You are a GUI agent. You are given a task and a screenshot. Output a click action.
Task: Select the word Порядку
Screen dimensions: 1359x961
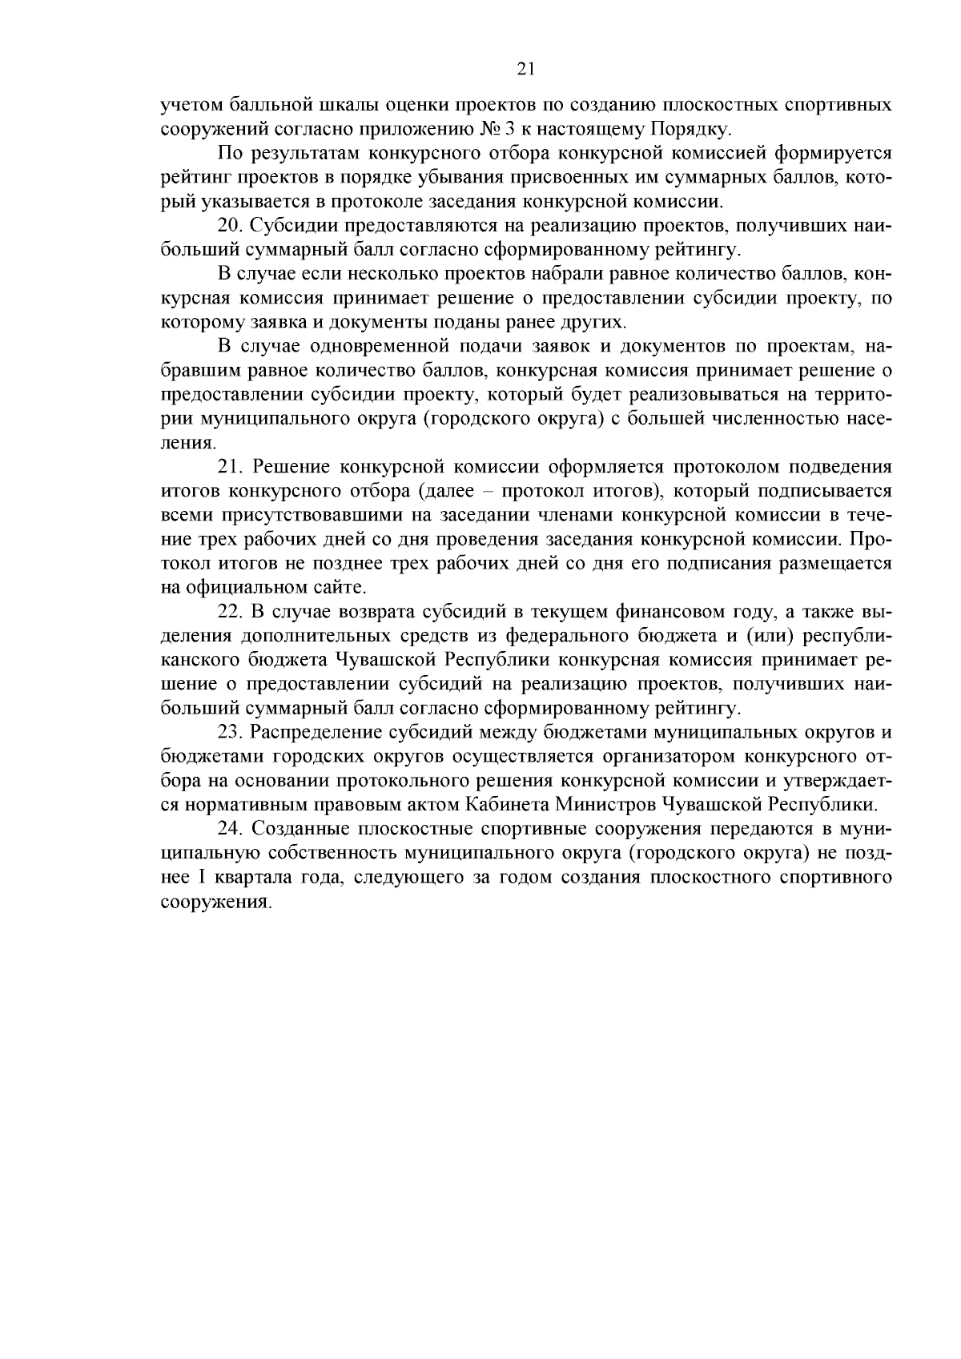click(x=690, y=129)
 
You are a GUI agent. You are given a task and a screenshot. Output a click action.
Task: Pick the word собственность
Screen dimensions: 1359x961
click(x=331, y=853)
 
